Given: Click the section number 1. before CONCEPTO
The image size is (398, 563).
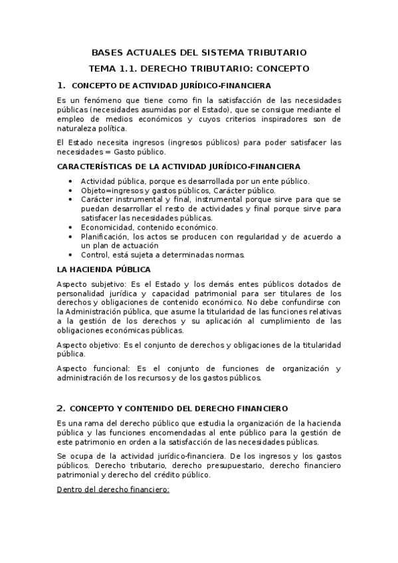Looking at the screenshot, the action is pos(61,84).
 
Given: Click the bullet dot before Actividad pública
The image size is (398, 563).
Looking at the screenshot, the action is pos(71,181).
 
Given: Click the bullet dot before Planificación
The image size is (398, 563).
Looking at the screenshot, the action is pos(71,236).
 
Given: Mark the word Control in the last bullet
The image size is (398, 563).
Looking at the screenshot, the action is pos(94,255).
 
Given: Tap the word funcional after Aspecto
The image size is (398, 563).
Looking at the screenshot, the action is pos(110,368).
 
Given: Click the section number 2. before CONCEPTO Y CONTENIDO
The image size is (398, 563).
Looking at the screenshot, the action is pos(61,408).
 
